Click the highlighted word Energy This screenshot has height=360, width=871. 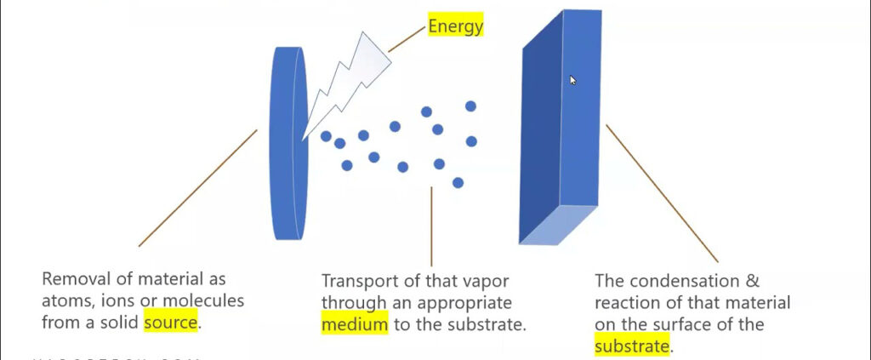tap(455, 26)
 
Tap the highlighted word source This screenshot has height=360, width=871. tap(171, 323)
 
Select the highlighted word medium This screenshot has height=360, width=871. tap(354, 323)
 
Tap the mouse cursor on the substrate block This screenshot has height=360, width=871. tap(572, 79)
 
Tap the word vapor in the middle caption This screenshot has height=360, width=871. tap(444, 280)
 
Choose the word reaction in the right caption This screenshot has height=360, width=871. tap(627, 302)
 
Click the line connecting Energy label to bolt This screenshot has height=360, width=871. tap(407, 39)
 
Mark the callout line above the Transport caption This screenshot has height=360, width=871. tap(431, 226)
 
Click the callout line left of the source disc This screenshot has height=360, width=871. tap(197, 188)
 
